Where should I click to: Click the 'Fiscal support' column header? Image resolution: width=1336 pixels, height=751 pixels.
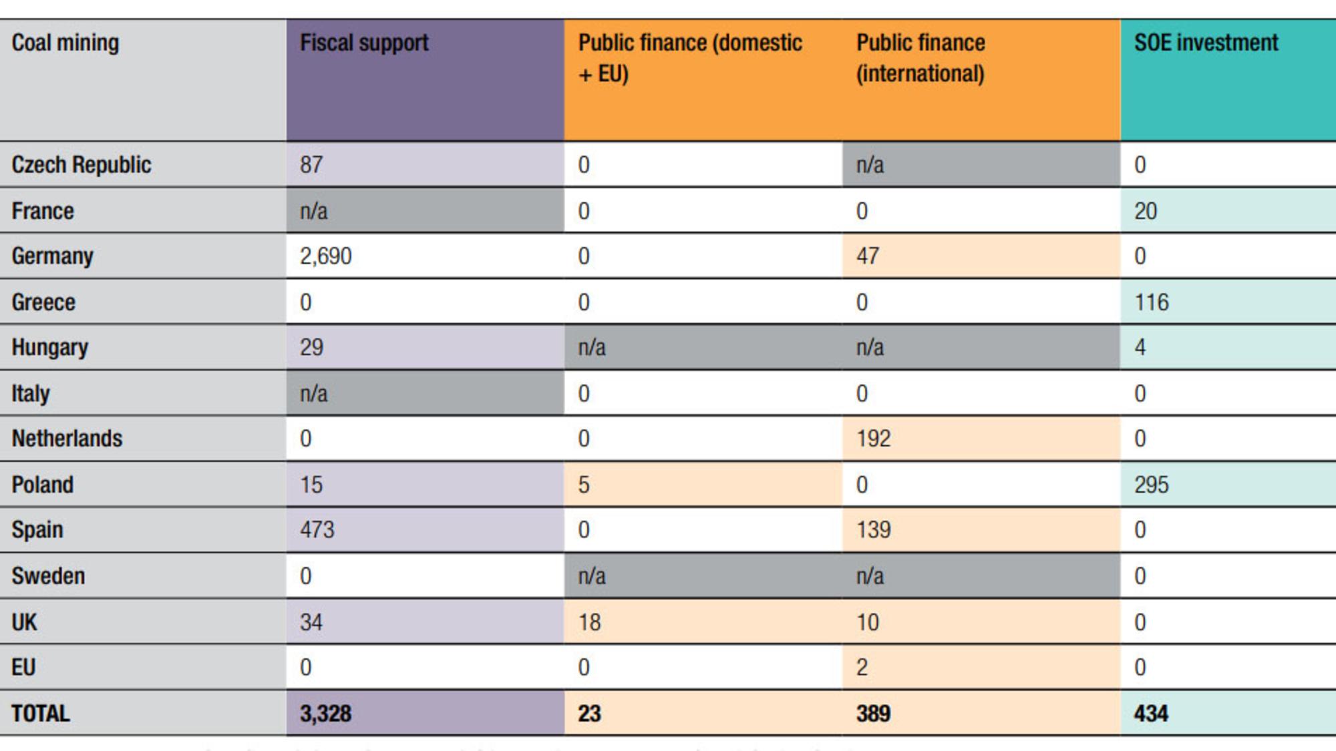point(364,43)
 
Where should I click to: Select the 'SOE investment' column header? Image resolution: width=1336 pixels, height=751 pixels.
point(1206,43)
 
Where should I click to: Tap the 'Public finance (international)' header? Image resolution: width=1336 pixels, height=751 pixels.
point(921,58)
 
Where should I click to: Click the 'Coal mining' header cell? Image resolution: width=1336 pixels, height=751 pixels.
point(65,43)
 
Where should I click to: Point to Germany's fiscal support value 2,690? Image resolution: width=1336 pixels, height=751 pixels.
point(325,256)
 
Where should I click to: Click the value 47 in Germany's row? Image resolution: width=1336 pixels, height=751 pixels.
point(868,256)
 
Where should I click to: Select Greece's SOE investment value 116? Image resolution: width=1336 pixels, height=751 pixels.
point(1152,302)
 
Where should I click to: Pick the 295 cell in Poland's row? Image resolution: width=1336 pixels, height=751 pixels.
point(1152,485)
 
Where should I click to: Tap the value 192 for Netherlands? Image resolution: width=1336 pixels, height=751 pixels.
point(874,439)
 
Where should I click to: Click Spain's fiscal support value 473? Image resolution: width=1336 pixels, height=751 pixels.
point(317,530)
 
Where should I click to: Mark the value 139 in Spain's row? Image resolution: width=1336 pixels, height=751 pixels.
point(874,530)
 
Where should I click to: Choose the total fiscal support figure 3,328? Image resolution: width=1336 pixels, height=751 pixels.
point(325,714)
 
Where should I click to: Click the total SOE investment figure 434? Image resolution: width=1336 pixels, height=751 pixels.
point(1151,714)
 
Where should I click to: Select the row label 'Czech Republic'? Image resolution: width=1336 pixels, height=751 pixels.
point(81,165)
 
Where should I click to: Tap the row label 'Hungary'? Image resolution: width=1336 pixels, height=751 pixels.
point(50,348)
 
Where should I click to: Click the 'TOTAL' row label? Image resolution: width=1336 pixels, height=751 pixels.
point(41,714)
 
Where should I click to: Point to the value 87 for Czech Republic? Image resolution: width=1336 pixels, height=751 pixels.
point(311,165)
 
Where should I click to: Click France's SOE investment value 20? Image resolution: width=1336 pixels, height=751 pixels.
point(1146,212)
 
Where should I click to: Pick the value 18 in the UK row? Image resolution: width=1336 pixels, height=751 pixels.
point(590,622)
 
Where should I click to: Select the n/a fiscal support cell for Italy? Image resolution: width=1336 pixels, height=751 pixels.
point(314,394)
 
